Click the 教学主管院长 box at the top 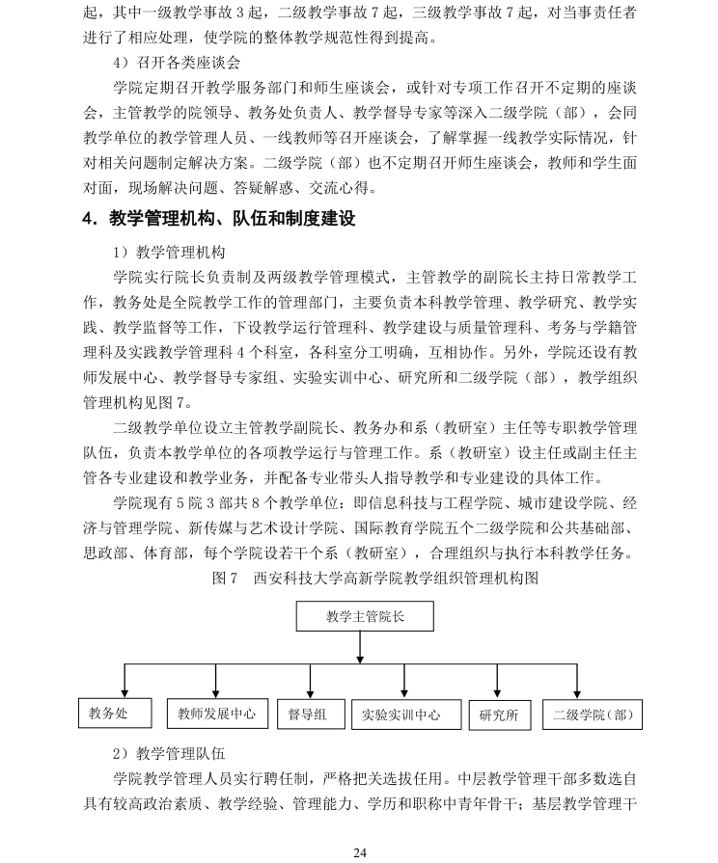click(x=365, y=616)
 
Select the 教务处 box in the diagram click(x=114, y=714)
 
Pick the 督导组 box click(x=308, y=714)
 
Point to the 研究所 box click(x=498, y=715)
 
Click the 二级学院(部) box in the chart click(x=594, y=715)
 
